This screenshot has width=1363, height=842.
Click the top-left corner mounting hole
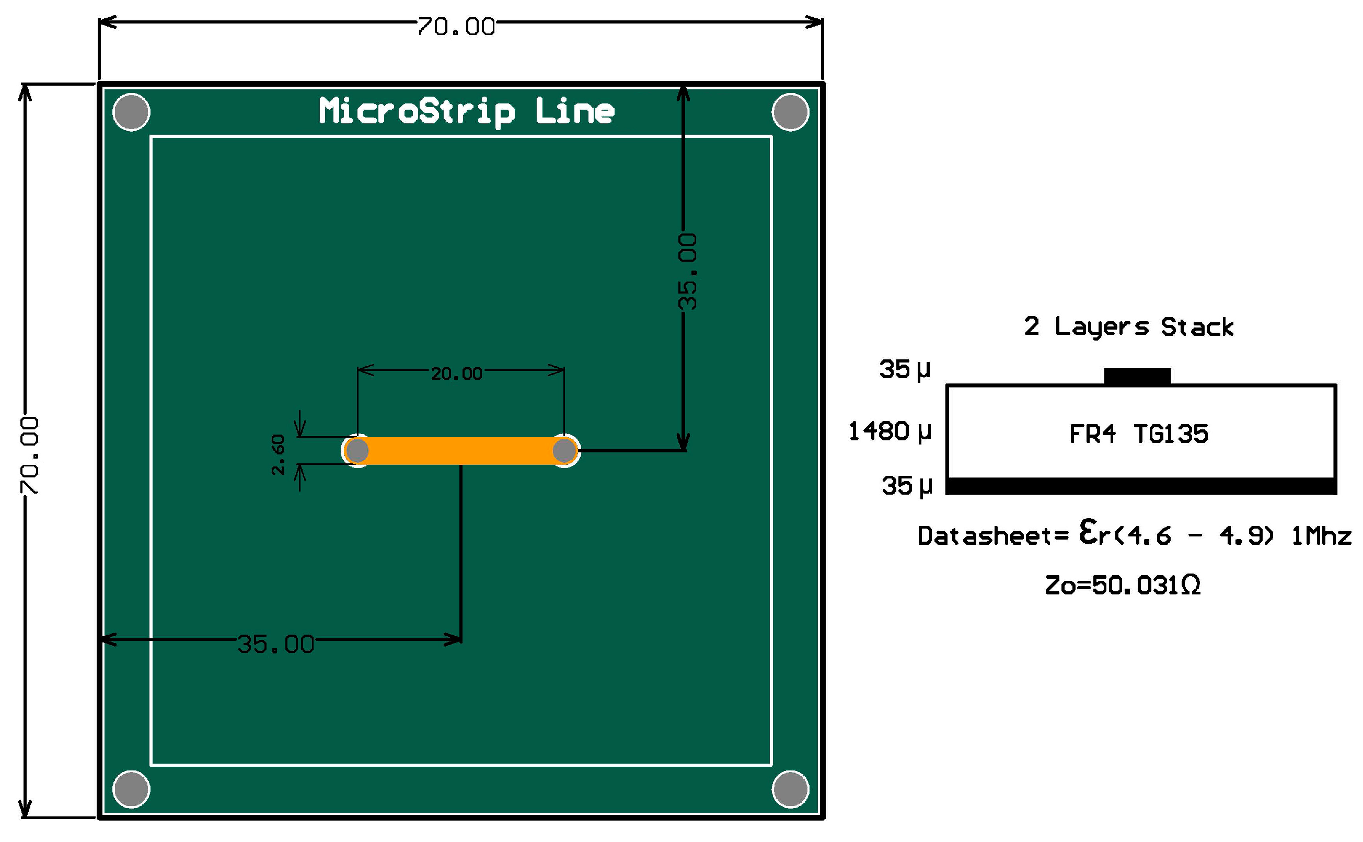132,112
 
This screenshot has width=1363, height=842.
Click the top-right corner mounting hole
790,112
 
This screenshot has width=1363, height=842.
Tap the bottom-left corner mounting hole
132,789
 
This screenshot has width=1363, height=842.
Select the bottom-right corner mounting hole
790,789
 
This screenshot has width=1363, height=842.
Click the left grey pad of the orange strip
357,451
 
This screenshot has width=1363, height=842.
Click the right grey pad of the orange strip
564,451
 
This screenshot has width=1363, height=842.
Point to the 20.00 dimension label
457,373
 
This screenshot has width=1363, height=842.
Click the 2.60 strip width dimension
278,454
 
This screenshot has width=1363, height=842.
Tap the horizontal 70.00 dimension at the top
456,27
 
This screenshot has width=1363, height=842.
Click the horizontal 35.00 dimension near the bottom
276,645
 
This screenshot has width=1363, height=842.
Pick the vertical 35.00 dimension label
687,272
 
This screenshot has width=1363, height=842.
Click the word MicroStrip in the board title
417,111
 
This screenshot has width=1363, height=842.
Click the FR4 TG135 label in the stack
1138,434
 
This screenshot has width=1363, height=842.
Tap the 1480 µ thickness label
889,431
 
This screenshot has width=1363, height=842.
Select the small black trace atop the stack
1137,377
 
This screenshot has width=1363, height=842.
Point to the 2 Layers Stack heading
1128,327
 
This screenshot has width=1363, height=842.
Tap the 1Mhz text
1321,536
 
